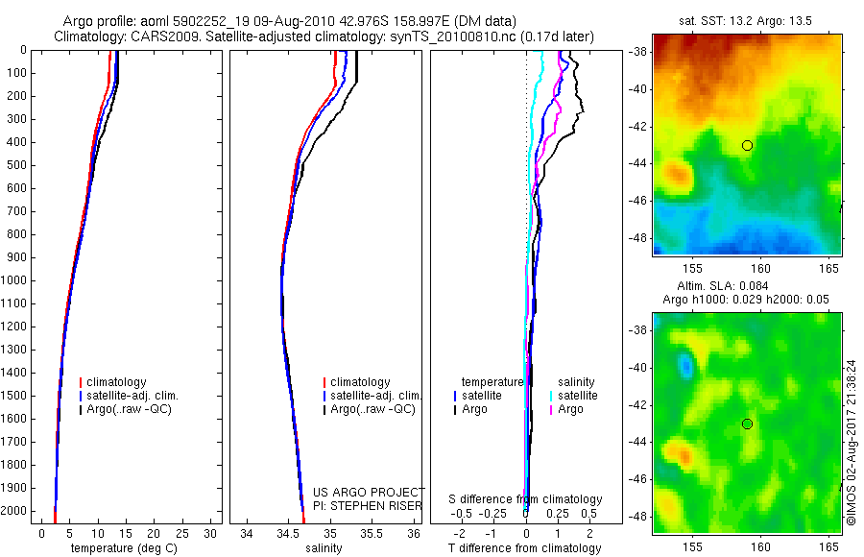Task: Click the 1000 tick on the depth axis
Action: pos(15,280)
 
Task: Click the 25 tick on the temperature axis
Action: pos(182,533)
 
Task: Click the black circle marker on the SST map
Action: pos(747,145)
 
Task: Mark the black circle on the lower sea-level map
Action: pos(747,424)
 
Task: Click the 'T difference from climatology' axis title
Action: pos(524,548)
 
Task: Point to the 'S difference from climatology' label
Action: pos(526,499)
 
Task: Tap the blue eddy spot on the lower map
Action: pos(684,365)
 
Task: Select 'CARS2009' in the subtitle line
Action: pos(158,36)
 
